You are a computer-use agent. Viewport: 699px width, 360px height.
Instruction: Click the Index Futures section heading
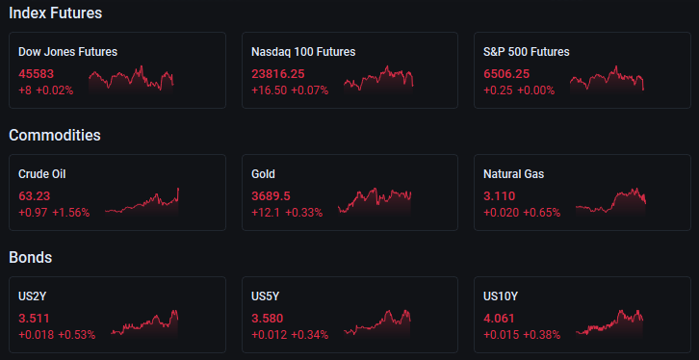[55, 13]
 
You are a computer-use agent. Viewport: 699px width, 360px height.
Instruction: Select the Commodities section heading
[55, 135]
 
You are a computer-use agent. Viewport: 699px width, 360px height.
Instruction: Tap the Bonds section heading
[30, 258]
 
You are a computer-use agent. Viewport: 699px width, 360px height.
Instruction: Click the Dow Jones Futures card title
[67, 52]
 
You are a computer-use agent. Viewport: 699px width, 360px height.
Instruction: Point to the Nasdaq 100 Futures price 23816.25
[278, 74]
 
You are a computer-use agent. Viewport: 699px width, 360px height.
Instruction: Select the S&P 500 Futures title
[527, 52]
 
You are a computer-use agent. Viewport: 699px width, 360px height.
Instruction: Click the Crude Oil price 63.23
[35, 196]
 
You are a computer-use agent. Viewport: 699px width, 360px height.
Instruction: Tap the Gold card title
[263, 174]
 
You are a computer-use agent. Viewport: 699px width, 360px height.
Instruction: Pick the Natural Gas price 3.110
[500, 196]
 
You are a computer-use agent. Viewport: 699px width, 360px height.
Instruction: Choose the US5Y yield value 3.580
[267, 319]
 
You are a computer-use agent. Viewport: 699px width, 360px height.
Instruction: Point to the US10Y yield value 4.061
[500, 319]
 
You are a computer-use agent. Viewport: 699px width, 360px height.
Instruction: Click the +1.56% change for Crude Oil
[71, 213]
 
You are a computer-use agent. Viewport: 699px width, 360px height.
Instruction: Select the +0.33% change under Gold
[303, 213]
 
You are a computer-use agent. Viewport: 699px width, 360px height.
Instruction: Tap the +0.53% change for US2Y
[77, 335]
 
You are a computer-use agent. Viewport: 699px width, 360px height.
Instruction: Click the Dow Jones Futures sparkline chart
[131, 79]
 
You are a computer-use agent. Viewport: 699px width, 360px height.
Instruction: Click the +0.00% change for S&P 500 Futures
[536, 90]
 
